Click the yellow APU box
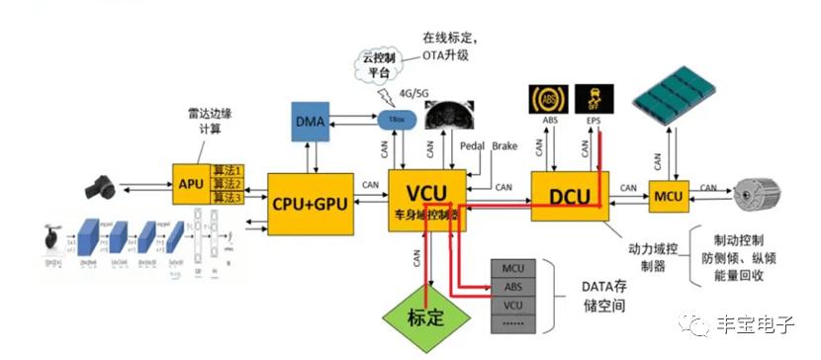click(191, 183)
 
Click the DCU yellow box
click(569, 195)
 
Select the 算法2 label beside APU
click(228, 184)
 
